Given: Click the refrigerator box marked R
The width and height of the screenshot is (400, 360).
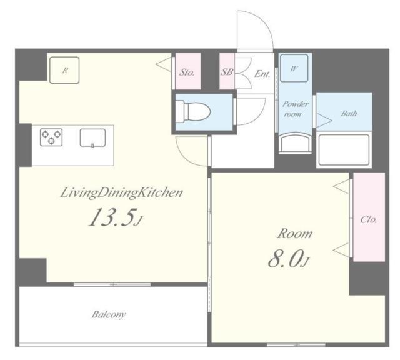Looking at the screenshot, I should (64, 69).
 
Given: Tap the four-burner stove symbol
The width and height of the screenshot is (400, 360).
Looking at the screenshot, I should (51, 136).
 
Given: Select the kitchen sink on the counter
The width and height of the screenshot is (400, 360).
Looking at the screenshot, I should (92, 137).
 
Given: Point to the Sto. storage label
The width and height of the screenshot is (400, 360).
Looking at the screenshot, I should (187, 72).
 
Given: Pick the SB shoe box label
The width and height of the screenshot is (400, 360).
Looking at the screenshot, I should (226, 72).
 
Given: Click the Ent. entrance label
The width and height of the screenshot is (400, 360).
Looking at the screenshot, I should (262, 73).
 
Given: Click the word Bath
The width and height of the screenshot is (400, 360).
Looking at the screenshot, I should (349, 114).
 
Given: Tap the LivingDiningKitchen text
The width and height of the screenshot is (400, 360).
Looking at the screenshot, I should (121, 192).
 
